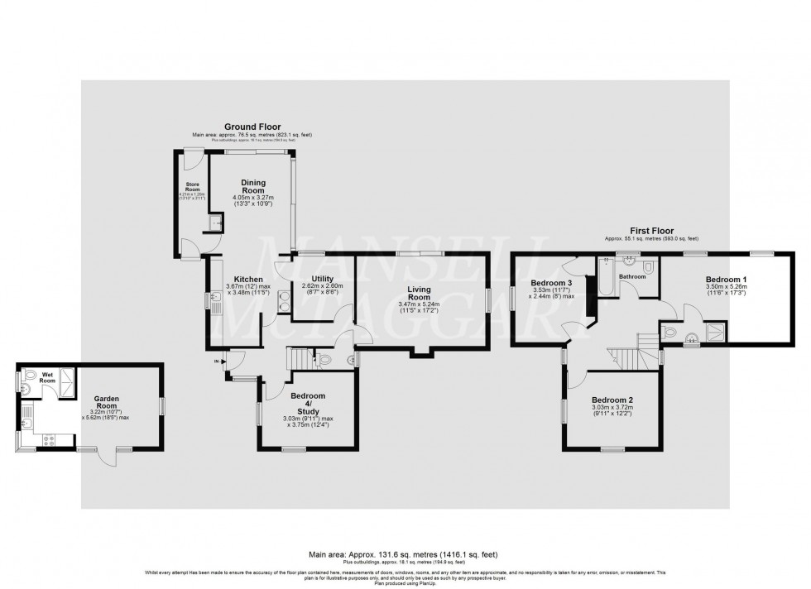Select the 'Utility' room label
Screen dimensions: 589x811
[x=323, y=279]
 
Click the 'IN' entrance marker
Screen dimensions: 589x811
[x=218, y=362]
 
